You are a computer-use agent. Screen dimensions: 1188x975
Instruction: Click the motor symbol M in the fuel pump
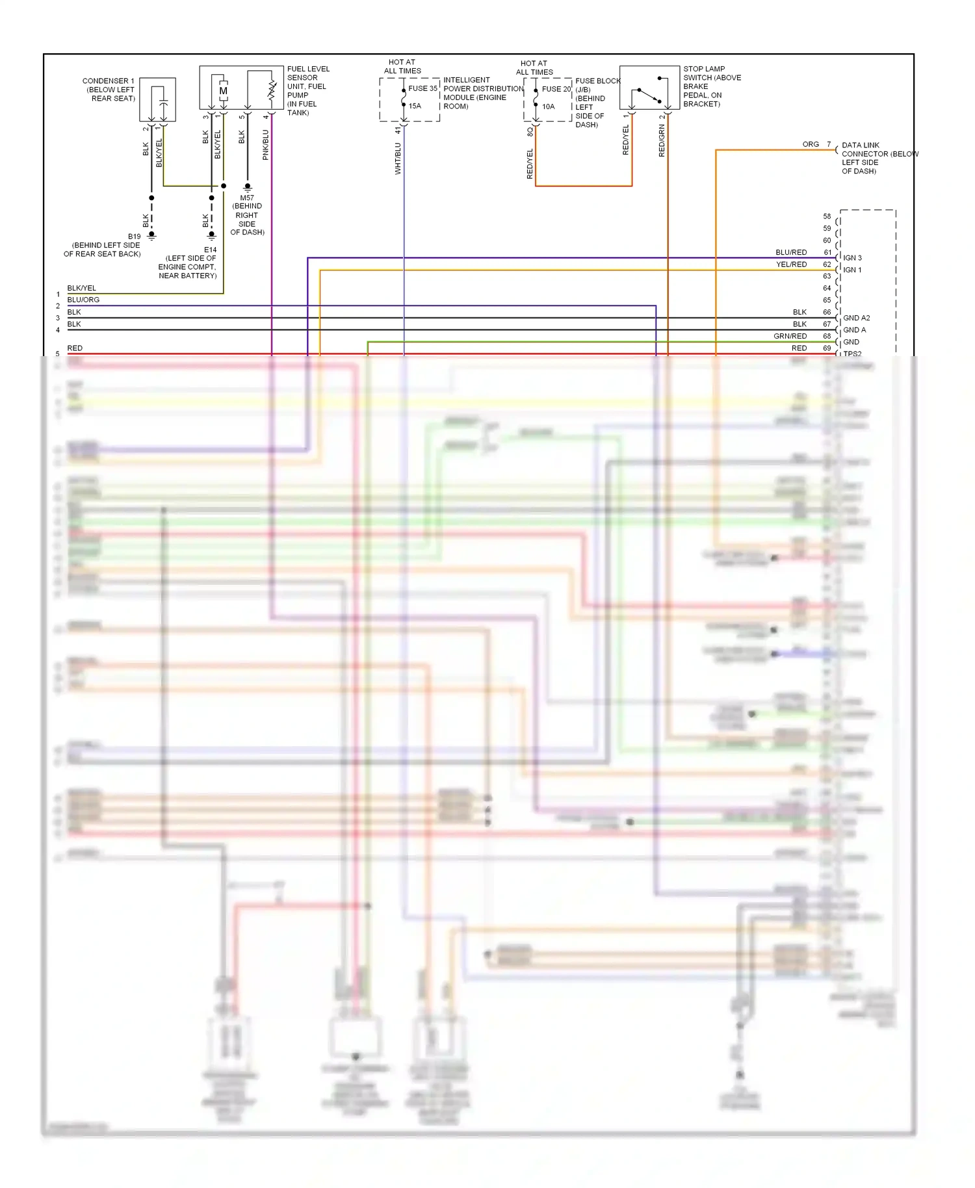pos(223,91)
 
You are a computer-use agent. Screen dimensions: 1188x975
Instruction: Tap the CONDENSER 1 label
pos(109,81)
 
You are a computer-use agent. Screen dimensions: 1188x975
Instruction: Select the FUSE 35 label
pos(422,88)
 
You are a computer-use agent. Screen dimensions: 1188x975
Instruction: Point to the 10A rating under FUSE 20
pos(549,107)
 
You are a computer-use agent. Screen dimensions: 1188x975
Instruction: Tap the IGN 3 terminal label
pos(852,258)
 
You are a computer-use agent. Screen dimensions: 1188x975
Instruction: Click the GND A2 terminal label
pos(856,318)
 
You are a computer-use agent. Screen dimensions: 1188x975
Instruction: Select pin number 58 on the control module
pos(827,216)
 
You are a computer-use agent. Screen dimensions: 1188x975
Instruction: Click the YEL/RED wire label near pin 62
pos(791,265)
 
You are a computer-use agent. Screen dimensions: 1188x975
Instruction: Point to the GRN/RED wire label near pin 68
pos(790,336)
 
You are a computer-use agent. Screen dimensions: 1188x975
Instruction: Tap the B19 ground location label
pos(134,237)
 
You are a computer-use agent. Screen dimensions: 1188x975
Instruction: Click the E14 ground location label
pos(210,250)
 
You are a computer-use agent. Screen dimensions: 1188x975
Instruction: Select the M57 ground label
pos(247,198)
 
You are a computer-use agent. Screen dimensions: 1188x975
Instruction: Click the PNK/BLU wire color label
pos(266,145)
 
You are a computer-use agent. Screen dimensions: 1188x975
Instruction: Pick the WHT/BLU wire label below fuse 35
pos(398,159)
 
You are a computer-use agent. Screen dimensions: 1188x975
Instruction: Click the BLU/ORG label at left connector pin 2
pos(83,300)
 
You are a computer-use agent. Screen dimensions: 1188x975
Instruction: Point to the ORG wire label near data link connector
pos(811,144)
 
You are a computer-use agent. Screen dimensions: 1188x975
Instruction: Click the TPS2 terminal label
pos(852,354)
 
